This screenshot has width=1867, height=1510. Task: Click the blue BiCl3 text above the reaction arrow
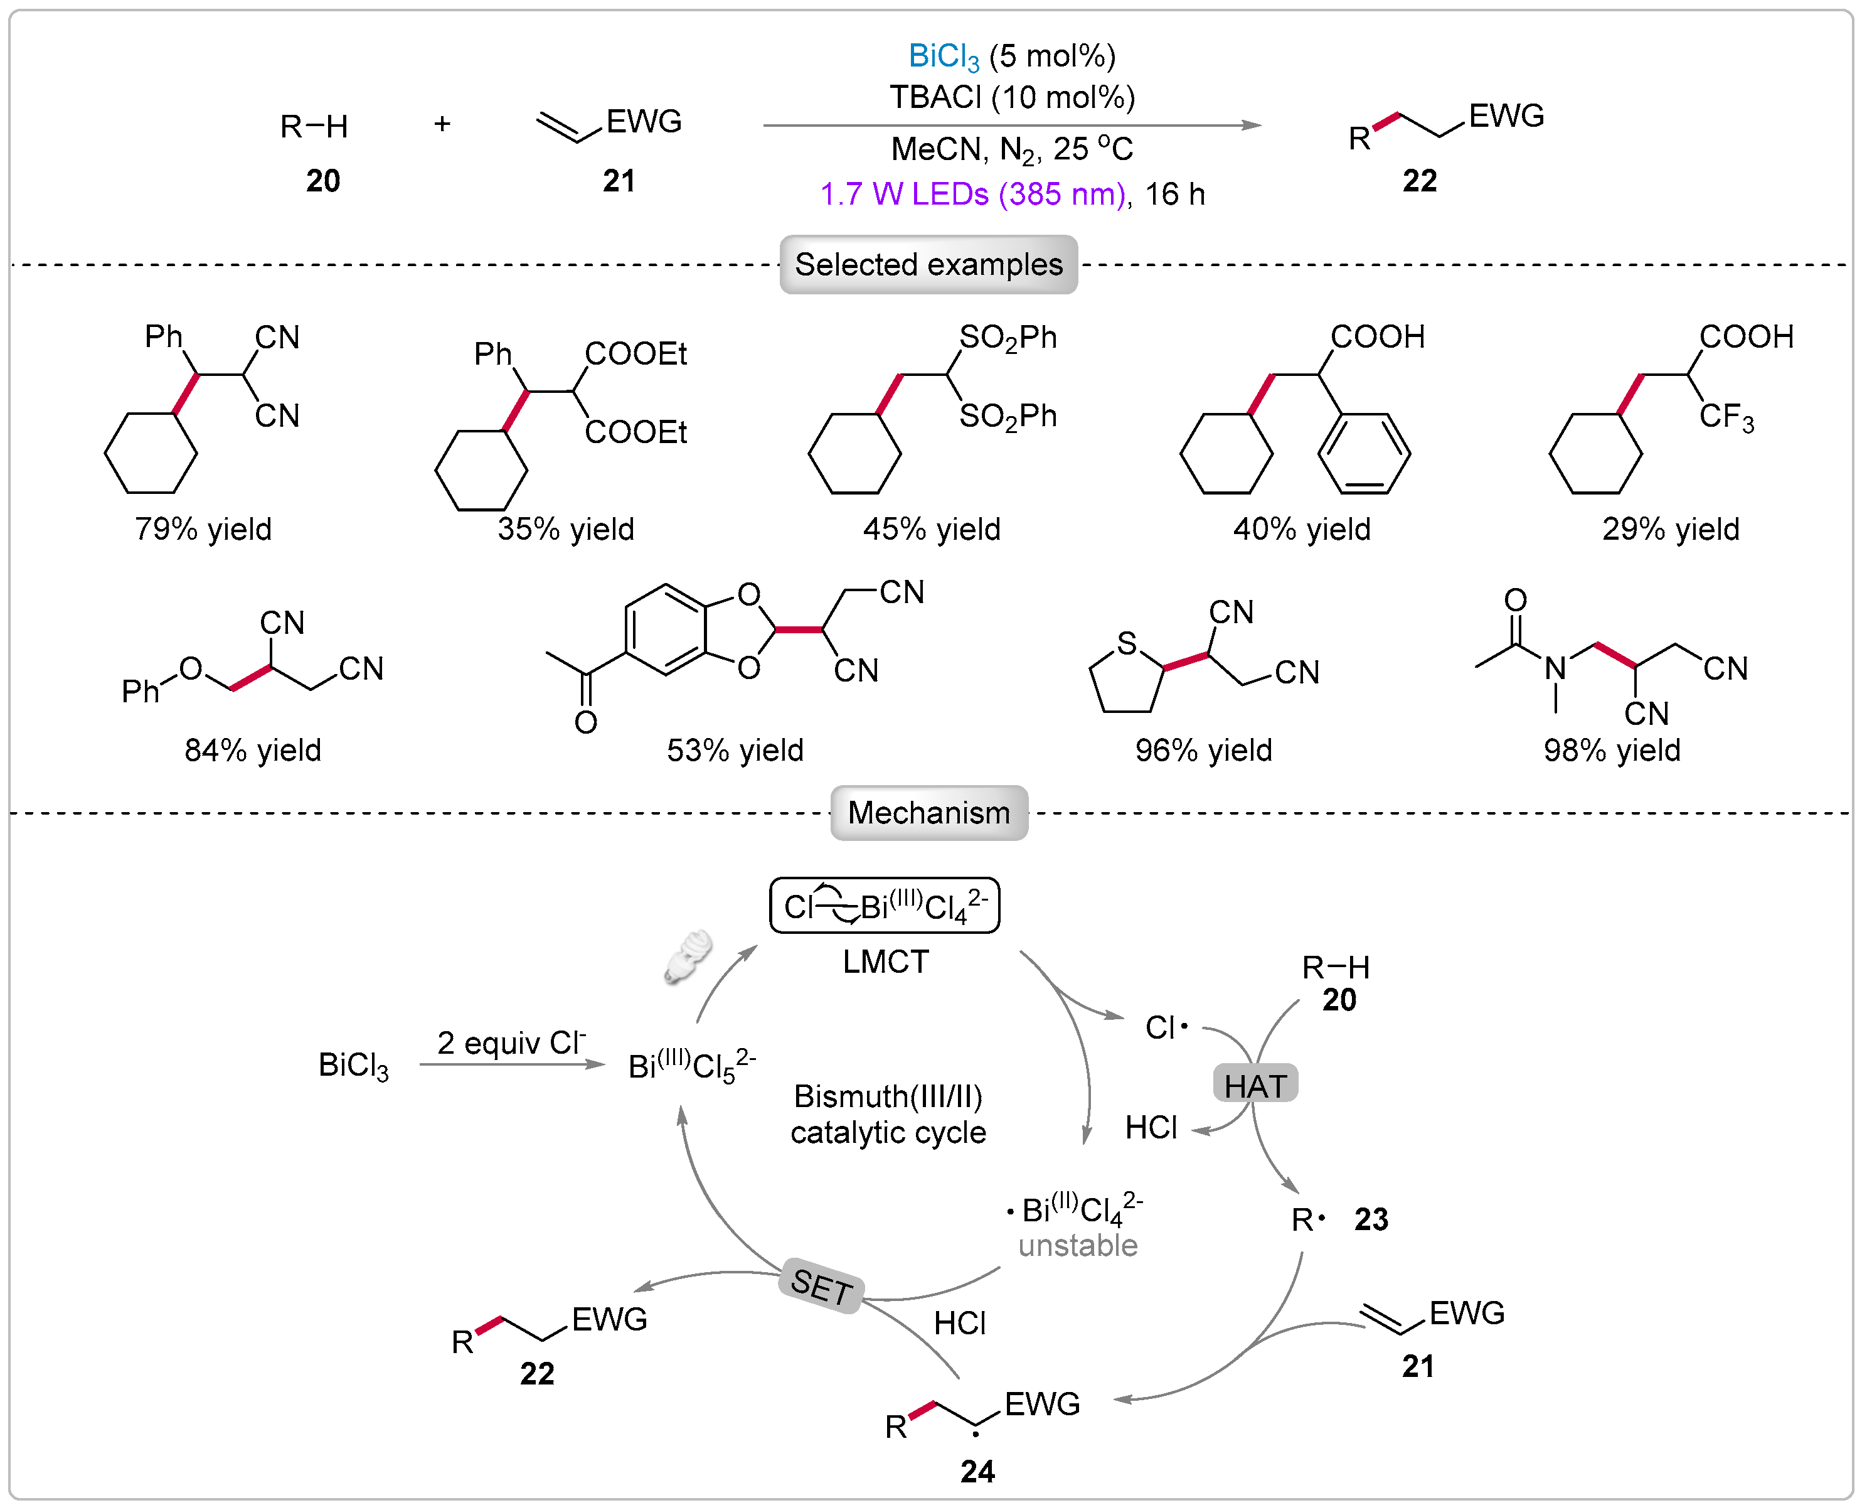coord(944,57)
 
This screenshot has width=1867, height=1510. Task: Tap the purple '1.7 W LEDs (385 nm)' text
coord(972,194)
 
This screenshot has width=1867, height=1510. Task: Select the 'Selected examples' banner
coord(928,264)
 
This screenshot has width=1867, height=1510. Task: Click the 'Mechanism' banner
coord(928,812)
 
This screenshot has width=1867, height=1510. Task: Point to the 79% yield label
coord(203,529)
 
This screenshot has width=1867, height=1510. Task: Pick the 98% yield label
coord(1611,750)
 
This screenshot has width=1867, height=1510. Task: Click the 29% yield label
coord(1671,529)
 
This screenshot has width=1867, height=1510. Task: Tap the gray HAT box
coord(1255,1084)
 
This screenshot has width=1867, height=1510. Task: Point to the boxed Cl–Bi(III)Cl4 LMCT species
coord(885,906)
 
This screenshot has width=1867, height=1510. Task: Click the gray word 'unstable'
coord(1077,1246)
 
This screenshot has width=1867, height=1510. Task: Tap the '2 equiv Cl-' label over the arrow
coord(511,1042)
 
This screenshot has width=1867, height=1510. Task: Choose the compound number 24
coord(977,1471)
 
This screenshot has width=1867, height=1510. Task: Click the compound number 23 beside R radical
coord(1371,1219)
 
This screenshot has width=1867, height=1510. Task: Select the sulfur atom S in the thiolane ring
coord(1127,644)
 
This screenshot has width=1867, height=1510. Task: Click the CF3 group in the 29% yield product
coord(1726,417)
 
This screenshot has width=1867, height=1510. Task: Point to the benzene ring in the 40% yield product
coord(1363,453)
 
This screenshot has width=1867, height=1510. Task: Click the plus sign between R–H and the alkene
coord(442,124)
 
